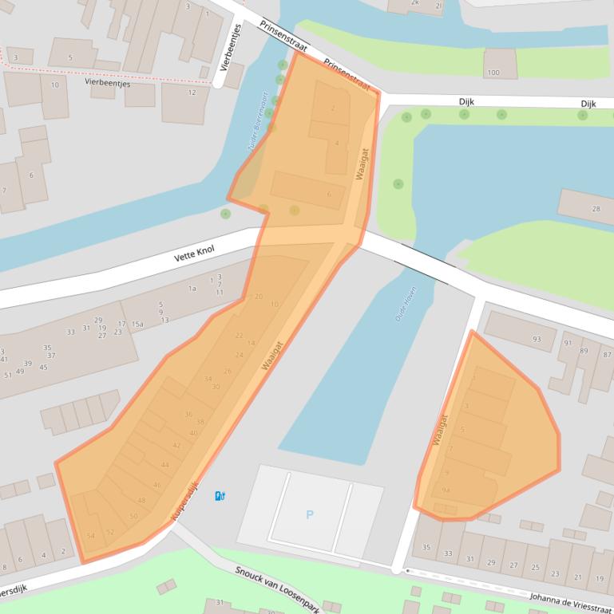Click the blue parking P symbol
pyautogui.click(x=309, y=515)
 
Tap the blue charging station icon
pyautogui.click(x=220, y=497)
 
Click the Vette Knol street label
pyautogui.click(x=194, y=254)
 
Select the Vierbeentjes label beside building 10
pyautogui.click(x=107, y=82)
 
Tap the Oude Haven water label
pyautogui.click(x=406, y=304)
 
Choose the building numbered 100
pyautogui.click(x=493, y=73)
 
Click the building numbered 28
pyautogui.click(x=596, y=209)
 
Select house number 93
pyautogui.click(x=536, y=340)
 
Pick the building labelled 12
pyautogui.click(x=192, y=92)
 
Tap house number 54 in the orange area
pyautogui.click(x=91, y=536)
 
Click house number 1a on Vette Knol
pyautogui.click(x=192, y=289)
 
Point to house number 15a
pyautogui.click(x=137, y=325)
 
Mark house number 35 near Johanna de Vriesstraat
pyautogui.click(x=426, y=548)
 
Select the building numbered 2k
pyautogui.click(x=415, y=2)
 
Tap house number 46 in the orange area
pyautogui.click(x=156, y=485)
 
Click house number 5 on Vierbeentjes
pyautogui.click(x=70, y=57)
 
